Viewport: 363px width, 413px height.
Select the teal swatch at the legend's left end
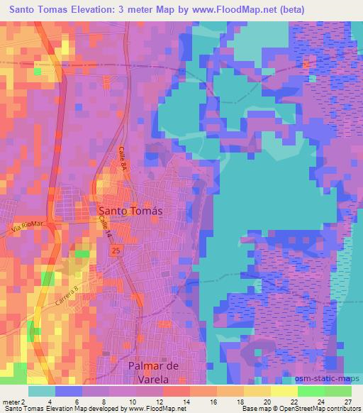(42, 391)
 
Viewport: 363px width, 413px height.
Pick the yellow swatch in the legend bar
(284, 391)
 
